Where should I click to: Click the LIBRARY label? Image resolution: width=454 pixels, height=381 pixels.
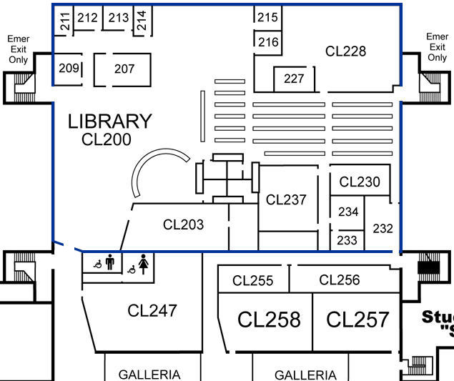110,122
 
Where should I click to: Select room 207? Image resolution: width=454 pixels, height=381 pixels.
124,69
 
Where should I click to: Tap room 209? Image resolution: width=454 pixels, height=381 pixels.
68,69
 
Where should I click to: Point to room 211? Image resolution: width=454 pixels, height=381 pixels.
65,21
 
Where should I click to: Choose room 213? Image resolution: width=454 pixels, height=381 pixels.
118,18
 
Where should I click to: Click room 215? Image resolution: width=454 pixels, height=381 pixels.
267,17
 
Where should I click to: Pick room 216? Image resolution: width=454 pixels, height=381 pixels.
268,42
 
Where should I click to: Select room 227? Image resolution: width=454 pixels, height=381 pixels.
295,79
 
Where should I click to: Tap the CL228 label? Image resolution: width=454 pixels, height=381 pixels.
345,51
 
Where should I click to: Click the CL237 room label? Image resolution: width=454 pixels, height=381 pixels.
286,200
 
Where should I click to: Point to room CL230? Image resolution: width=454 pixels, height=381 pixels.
360,182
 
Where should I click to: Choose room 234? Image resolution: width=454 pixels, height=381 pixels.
348,212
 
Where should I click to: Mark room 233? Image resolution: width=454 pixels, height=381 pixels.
347,240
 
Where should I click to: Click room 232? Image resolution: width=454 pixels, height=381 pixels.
383,229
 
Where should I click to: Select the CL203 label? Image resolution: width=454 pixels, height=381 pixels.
183,224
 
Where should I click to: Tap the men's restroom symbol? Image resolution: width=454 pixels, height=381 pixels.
109,263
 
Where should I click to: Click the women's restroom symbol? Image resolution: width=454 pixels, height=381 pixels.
144,264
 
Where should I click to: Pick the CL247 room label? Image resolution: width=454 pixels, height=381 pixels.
152,310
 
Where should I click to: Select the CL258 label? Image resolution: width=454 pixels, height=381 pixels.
269,320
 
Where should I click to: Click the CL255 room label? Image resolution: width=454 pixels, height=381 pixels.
253,281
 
